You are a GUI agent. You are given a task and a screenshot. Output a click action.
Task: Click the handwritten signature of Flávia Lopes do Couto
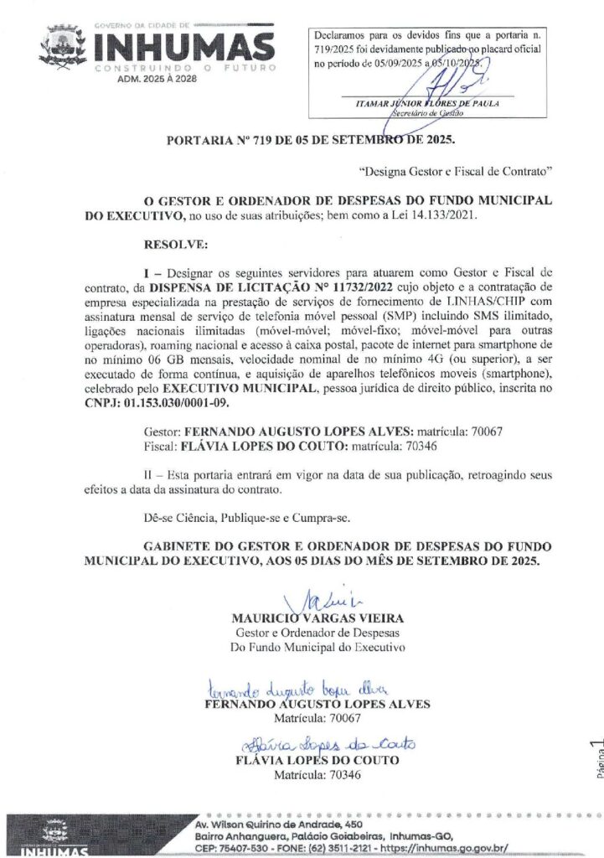(327, 744)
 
